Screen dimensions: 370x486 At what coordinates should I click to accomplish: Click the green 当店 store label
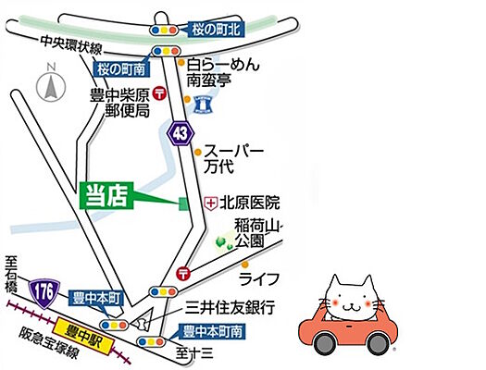(107, 194)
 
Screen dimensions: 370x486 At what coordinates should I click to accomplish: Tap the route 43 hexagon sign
(178, 134)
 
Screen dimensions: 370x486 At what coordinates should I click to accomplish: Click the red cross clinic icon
(210, 201)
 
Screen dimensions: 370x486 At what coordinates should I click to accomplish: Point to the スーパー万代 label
(233, 159)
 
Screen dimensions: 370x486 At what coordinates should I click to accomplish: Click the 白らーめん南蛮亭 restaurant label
(219, 74)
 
